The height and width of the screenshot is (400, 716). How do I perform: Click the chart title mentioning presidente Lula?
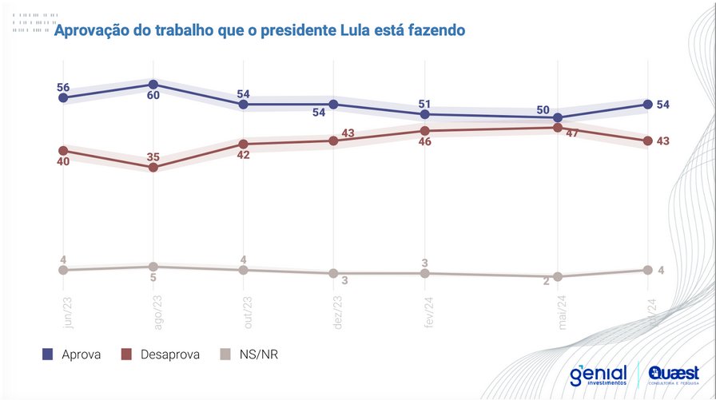coord(259,31)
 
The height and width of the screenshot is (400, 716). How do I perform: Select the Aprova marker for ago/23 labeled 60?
coord(153,84)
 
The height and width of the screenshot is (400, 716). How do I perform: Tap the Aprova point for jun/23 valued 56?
coord(63,97)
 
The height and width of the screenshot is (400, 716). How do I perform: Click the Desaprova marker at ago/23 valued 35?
coord(153,167)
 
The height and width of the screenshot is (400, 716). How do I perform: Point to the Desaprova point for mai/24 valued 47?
coord(557,127)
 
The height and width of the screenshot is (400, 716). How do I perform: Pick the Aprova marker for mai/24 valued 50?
coord(557,117)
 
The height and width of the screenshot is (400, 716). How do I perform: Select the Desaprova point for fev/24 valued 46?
coord(424,130)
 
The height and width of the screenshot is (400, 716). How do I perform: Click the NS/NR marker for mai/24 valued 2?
coord(557,276)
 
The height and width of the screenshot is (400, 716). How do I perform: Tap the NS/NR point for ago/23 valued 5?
coord(153,267)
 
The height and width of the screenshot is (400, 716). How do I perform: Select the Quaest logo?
coord(674,374)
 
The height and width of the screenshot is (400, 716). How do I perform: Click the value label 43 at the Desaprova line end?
coord(662,141)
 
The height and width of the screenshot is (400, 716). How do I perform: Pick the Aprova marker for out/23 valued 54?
coord(244,104)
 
